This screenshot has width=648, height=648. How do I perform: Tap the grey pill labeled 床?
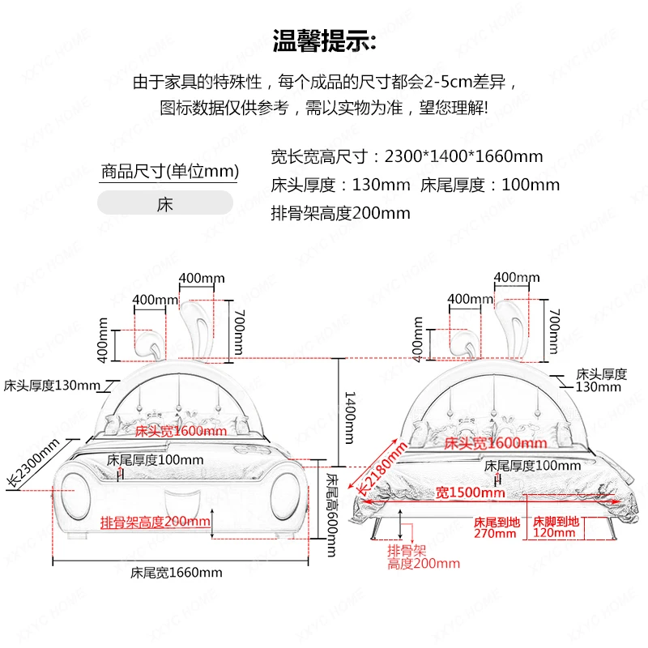click(x=165, y=202)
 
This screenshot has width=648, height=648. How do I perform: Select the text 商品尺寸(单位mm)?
click(x=170, y=171)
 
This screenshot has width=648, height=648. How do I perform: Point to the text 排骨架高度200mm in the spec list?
click(x=340, y=213)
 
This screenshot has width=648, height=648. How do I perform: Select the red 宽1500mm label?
click(x=470, y=492)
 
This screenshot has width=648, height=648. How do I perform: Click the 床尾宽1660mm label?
click(x=177, y=572)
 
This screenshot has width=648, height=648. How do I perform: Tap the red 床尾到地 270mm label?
click(x=496, y=527)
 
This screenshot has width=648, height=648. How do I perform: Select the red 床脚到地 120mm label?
click(x=555, y=527)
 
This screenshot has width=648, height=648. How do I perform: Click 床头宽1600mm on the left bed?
click(x=181, y=431)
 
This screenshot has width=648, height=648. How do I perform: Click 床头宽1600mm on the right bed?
click(x=493, y=443)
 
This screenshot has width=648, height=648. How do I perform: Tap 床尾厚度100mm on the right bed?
click(x=532, y=466)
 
